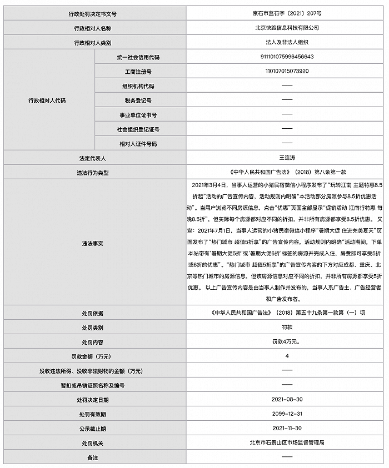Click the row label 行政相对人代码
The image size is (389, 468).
coord(47,100)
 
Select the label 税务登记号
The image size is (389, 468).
coord(138,100)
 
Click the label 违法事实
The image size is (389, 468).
coord(92,243)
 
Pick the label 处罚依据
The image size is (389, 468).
coord(92,313)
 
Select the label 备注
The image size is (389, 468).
coord(92,457)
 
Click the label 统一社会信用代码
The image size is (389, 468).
coord(138,57)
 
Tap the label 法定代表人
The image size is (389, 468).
coord(92,158)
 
